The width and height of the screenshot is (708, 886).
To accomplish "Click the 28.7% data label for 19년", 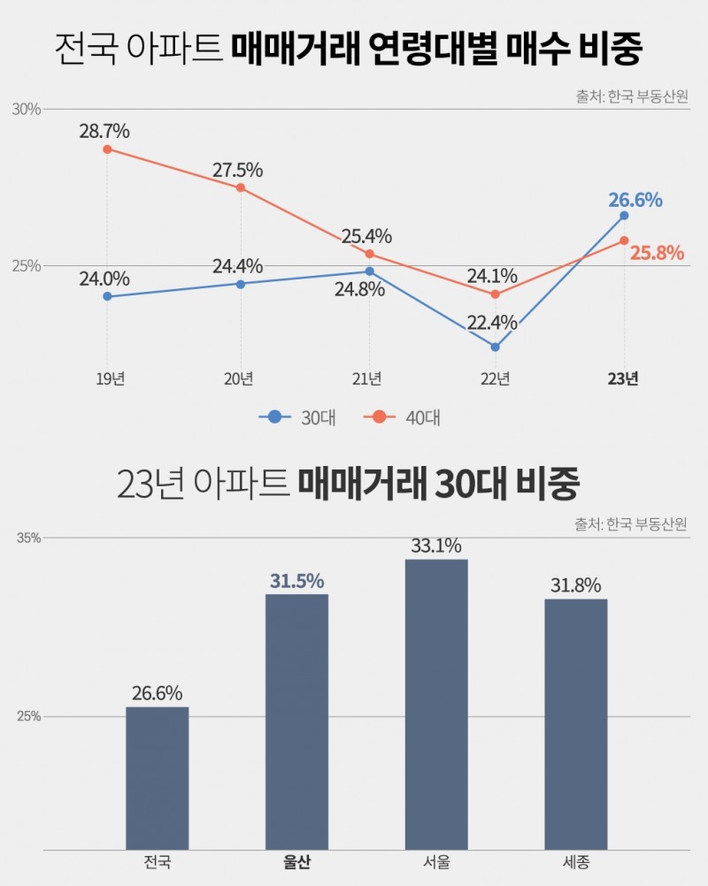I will tap(104, 132).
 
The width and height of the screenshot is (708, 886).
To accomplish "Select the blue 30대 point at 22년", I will tap(496, 347).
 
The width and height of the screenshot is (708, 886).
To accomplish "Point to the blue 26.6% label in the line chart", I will tap(635, 200).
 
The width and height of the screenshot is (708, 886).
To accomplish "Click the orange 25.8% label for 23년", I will tap(657, 254).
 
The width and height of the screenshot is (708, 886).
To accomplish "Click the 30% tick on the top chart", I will tap(27, 109).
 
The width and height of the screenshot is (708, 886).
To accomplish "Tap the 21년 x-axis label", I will tap(367, 378).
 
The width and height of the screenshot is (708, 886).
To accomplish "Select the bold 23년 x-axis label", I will tap(623, 378).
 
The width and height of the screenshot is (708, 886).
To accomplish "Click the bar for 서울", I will tap(436, 703).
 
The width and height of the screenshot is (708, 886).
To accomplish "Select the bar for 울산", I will tap(296, 721).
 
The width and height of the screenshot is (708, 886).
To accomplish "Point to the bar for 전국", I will tap(158, 777).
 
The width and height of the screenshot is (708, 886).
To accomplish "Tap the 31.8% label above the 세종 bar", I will tap(575, 585).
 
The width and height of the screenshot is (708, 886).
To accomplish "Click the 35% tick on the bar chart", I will tap(29, 538).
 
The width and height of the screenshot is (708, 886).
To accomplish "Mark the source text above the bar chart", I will tap(630, 523).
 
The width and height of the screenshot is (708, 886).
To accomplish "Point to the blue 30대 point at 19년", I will tap(107, 296).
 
